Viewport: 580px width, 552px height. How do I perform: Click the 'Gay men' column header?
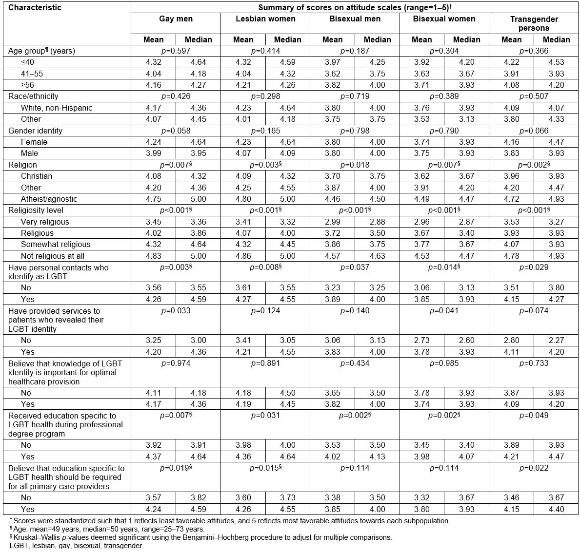pyautogui.click(x=176, y=19)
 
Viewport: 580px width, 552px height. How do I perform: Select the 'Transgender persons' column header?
pyautogui.click(x=534, y=23)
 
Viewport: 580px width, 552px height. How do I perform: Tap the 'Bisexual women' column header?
pyautogui.click(x=444, y=19)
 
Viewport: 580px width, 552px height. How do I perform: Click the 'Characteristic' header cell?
pyautogui.click(x=35, y=7)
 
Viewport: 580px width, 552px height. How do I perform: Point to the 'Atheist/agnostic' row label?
pyautogui.click(x=49, y=199)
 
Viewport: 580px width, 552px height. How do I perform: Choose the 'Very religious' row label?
pyautogui.click(x=45, y=222)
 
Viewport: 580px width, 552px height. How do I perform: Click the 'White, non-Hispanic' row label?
pyautogui.click(x=56, y=108)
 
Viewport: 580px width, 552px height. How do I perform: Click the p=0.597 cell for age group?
pyautogui.click(x=176, y=51)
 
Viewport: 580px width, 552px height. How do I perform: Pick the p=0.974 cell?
pyautogui.click(x=176, y=363)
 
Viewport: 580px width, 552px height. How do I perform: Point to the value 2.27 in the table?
pyautogui.click(x=556, y=340)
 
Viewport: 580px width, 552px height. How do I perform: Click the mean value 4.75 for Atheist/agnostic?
pyautogui.click(x=154, y=199)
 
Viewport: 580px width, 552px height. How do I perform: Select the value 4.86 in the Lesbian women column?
pyautogui.click(x=243, y=256)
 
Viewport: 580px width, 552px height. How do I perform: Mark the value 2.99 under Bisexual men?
pyautogui.click(x=333, y=222)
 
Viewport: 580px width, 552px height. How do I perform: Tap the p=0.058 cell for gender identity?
pyautogui.click(x=176, y=131)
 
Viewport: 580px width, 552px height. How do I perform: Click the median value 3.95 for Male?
pyautogui.click(x=198, y=153)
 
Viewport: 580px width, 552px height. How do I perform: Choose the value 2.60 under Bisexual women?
pyautogui.click(x=466, y=340)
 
